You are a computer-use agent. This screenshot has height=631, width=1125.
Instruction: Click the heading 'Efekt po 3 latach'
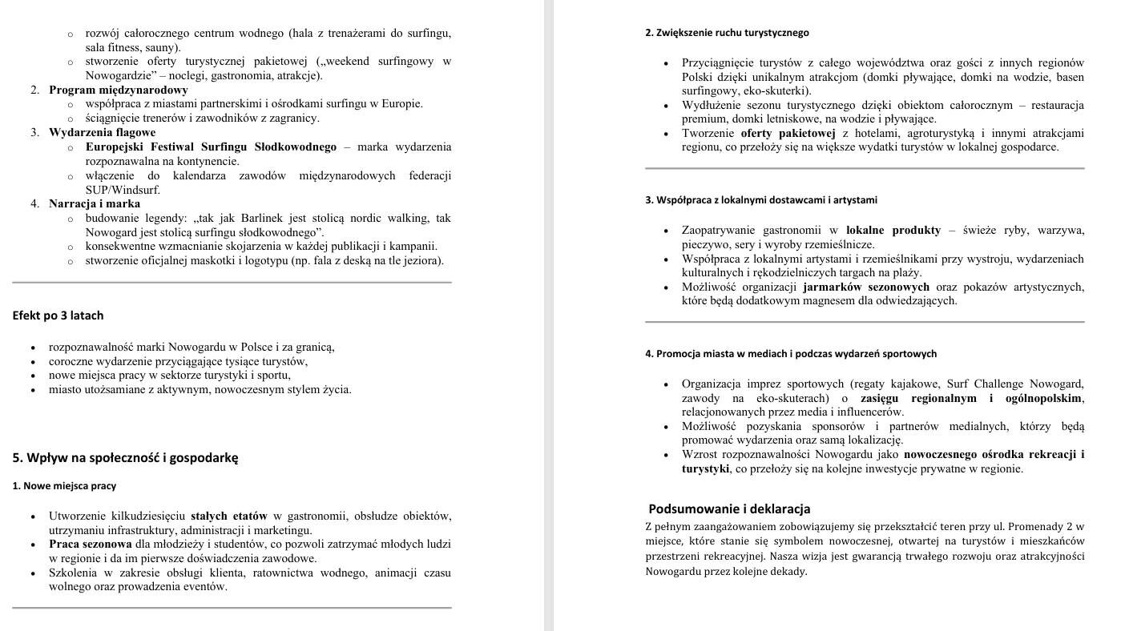58,315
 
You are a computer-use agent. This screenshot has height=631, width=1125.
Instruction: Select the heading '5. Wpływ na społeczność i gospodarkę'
125,458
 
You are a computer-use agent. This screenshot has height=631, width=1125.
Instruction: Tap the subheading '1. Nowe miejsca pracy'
64,486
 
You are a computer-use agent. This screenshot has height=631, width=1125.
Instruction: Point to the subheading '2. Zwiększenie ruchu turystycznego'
727,33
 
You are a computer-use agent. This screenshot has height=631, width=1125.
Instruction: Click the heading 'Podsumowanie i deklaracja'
729,509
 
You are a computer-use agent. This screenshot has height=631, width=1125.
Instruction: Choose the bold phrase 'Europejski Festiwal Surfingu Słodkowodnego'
211,147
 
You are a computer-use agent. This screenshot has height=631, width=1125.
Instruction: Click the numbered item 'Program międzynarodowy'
118,90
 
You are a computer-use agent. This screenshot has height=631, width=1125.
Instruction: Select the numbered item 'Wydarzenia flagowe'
102,132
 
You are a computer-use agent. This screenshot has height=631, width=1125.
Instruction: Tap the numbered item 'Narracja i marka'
95,203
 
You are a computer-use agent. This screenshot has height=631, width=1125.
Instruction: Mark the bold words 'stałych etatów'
228,516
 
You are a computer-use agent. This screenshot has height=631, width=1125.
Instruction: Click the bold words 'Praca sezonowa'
90,545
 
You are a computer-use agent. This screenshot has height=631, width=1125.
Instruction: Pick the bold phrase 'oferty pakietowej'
788,133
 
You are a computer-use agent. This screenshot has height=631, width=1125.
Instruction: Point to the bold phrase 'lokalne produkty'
893,231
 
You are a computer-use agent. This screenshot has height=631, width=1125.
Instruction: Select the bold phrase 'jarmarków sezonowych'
866,287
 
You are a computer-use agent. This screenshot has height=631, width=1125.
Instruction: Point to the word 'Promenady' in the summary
1035,527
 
